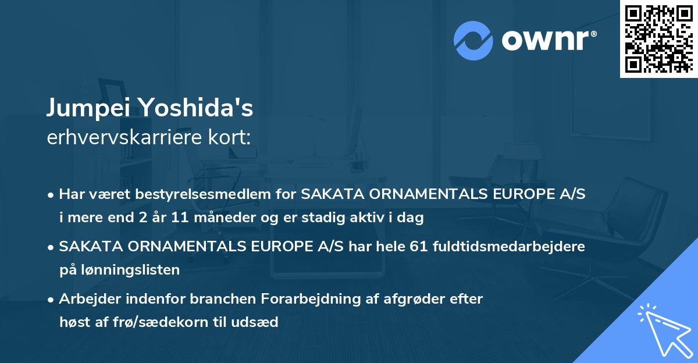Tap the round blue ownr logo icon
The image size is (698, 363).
473,41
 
